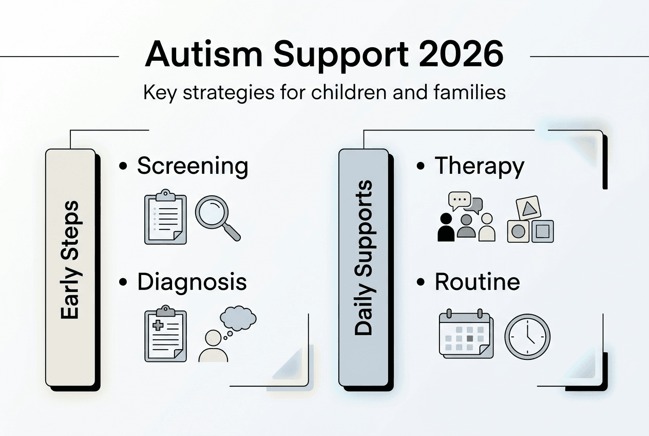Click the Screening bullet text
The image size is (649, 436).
(192, 167)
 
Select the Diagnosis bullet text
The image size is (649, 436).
(192, 282)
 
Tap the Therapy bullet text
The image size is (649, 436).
(479, 167)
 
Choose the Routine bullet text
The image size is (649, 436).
(477, 282)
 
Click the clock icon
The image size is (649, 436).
(527, 337)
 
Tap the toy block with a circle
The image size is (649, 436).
(518, 231)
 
